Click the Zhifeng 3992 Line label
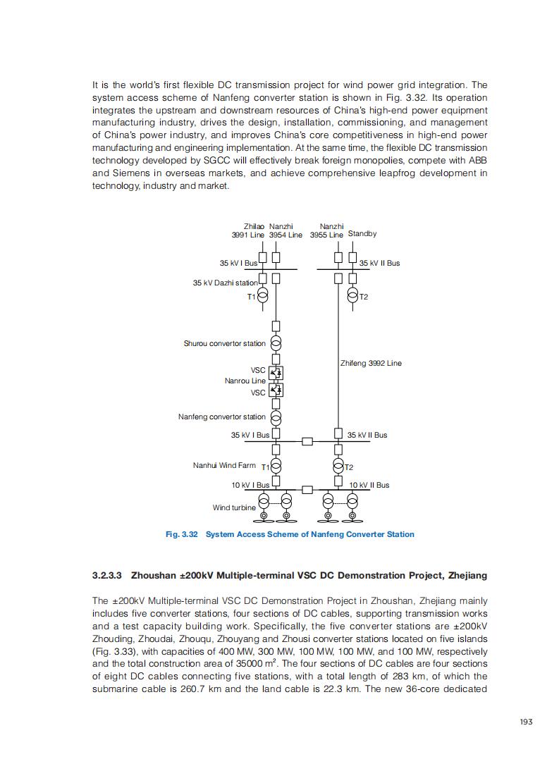[x=371, y=363]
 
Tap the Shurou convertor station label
[x=225, y=344]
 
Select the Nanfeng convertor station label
[x=222, y=416]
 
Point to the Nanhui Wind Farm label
[x=224, y=466]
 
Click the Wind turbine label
[x=235, y=507]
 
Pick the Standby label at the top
[x=362, y=234]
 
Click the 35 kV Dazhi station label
[x=226, y=283]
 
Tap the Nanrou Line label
[x=245, y=381]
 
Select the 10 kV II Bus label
[x=369, y=485]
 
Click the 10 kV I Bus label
[x=250, y=485]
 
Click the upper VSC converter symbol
[x=276, y=371]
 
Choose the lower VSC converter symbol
[x=276, y=390]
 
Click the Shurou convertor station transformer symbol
[x=276, y=343]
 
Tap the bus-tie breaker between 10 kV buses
[x=307, y=489]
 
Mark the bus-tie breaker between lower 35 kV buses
[x=307, y=441]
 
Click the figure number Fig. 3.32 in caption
[x=181, y=534]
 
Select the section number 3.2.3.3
[x=107, y=576]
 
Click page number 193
[x=524, y=722]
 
